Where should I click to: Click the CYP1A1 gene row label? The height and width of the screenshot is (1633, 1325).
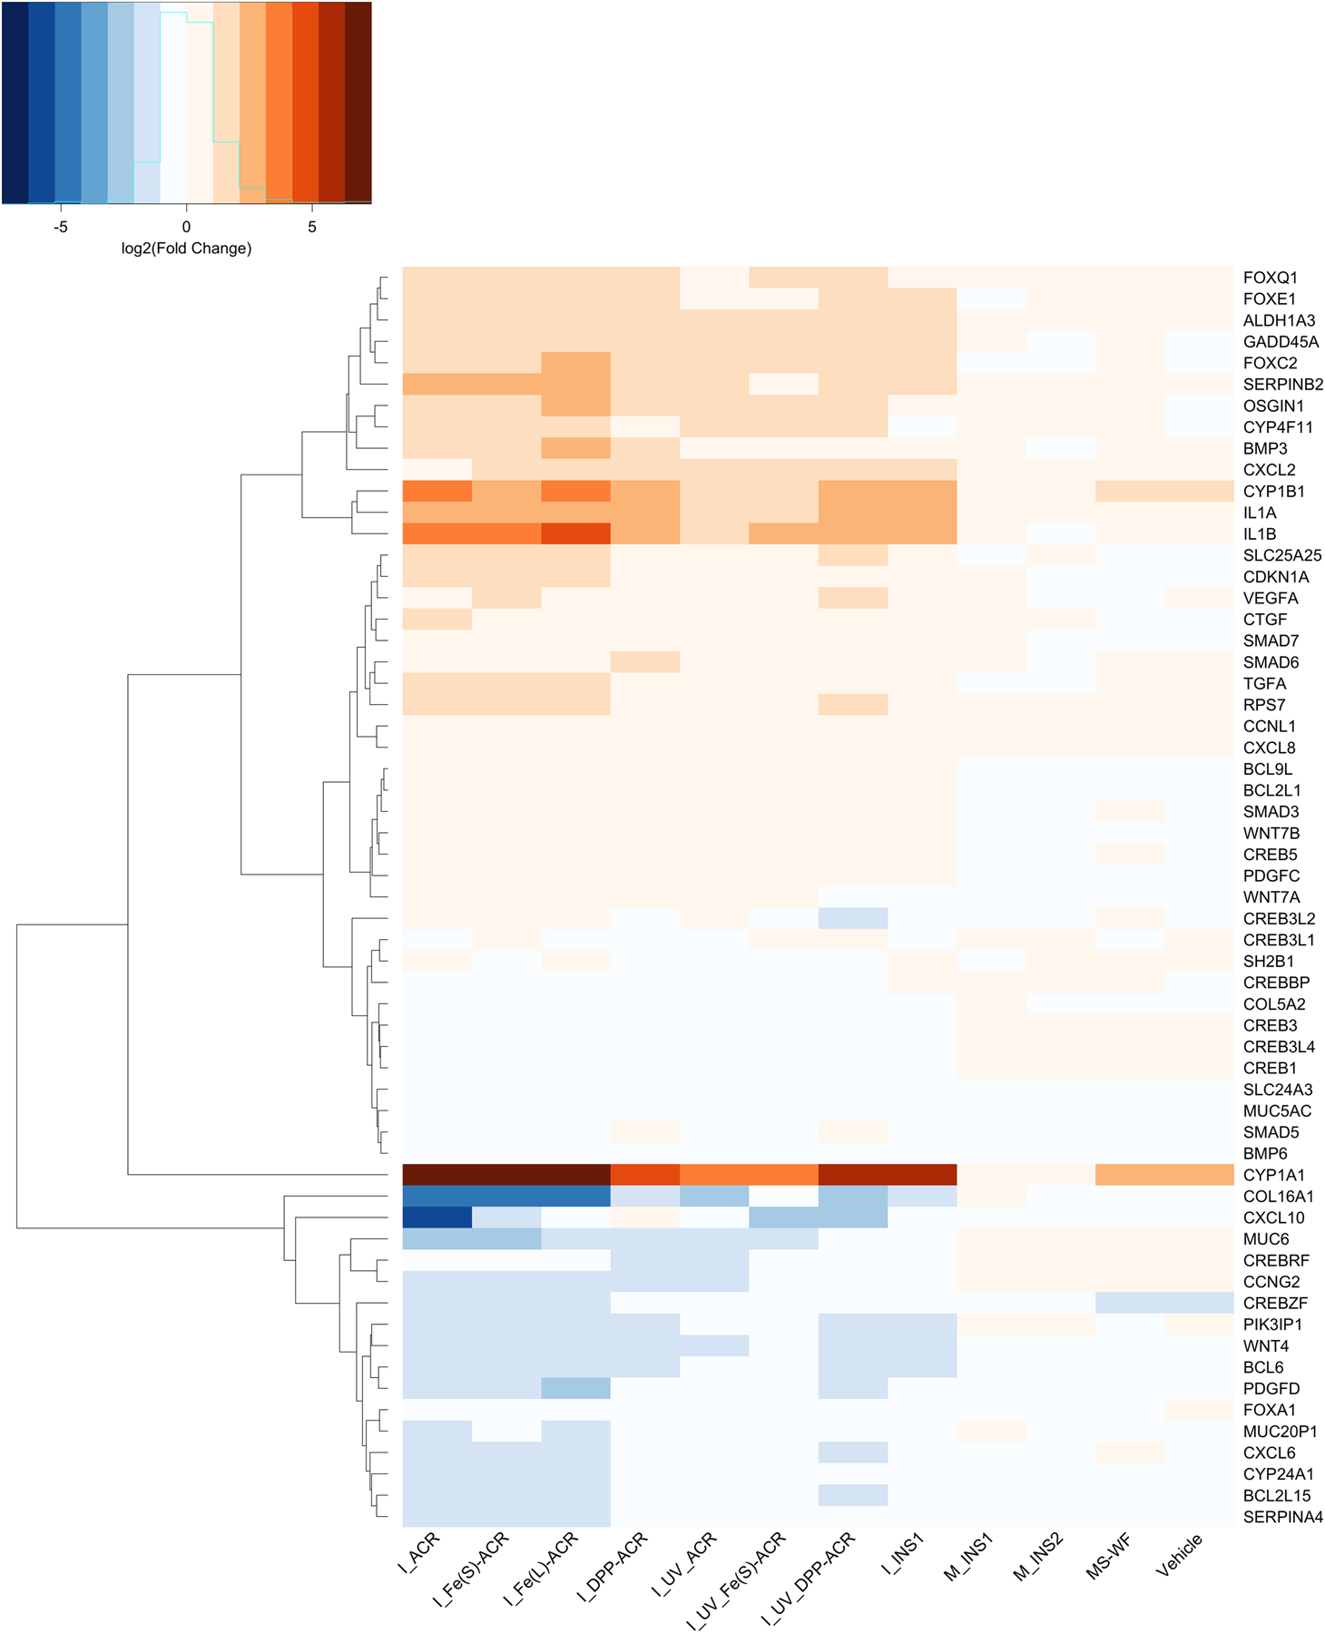click(1273, 1175)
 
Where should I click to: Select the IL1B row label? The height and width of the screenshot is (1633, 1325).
click(1260, 534)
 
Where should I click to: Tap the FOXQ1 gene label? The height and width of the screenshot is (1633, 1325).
click(1270, 278)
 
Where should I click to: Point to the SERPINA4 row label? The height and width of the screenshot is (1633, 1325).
click(1282, 1517)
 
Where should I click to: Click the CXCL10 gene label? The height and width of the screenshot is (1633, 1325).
click(1273, 1217)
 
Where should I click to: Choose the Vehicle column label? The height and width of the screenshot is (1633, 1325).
click(1180, 1555)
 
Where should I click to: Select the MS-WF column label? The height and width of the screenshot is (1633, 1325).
click(1109, 1557)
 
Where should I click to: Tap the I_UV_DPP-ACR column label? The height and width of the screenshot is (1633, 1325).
click(808, 1579)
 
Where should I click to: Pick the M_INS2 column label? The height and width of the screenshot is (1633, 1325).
click(1038, 1557)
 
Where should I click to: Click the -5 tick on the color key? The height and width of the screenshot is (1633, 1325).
click(61, 227)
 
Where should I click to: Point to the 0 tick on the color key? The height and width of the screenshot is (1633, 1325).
click(186, 227)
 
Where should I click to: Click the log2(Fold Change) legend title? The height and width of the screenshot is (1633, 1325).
click(186, 249)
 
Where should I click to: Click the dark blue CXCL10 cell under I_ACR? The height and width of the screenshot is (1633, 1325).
click(437, 1217)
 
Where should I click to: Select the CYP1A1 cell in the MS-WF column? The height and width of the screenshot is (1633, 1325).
click(1130, 1175)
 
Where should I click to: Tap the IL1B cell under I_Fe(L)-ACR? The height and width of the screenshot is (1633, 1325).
click(575, 534)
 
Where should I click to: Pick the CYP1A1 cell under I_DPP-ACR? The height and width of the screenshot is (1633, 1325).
click(645, 1175)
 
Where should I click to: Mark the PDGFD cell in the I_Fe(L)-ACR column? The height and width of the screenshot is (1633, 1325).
click(575, 1388)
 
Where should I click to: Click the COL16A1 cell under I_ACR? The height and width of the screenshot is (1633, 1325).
click(437, 1196)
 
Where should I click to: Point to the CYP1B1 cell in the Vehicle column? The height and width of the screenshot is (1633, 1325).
click(1199, 491)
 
